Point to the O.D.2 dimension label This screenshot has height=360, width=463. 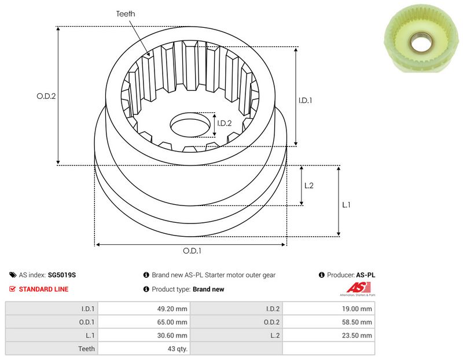tap(46, 97)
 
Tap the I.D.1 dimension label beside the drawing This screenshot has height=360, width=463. tap(306, 100)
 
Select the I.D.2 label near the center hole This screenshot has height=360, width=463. tap(224, 123)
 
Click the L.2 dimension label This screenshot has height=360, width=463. tap(308, 185)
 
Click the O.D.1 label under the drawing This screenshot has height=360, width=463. tap(192, 251)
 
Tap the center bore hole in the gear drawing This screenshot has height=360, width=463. tap(190, 126)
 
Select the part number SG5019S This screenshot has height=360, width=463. tap(63, 275)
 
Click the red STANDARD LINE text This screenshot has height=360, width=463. tap(43, 289)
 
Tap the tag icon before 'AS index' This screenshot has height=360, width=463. tap(13, 275)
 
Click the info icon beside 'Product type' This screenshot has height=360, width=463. tap(146, 289)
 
